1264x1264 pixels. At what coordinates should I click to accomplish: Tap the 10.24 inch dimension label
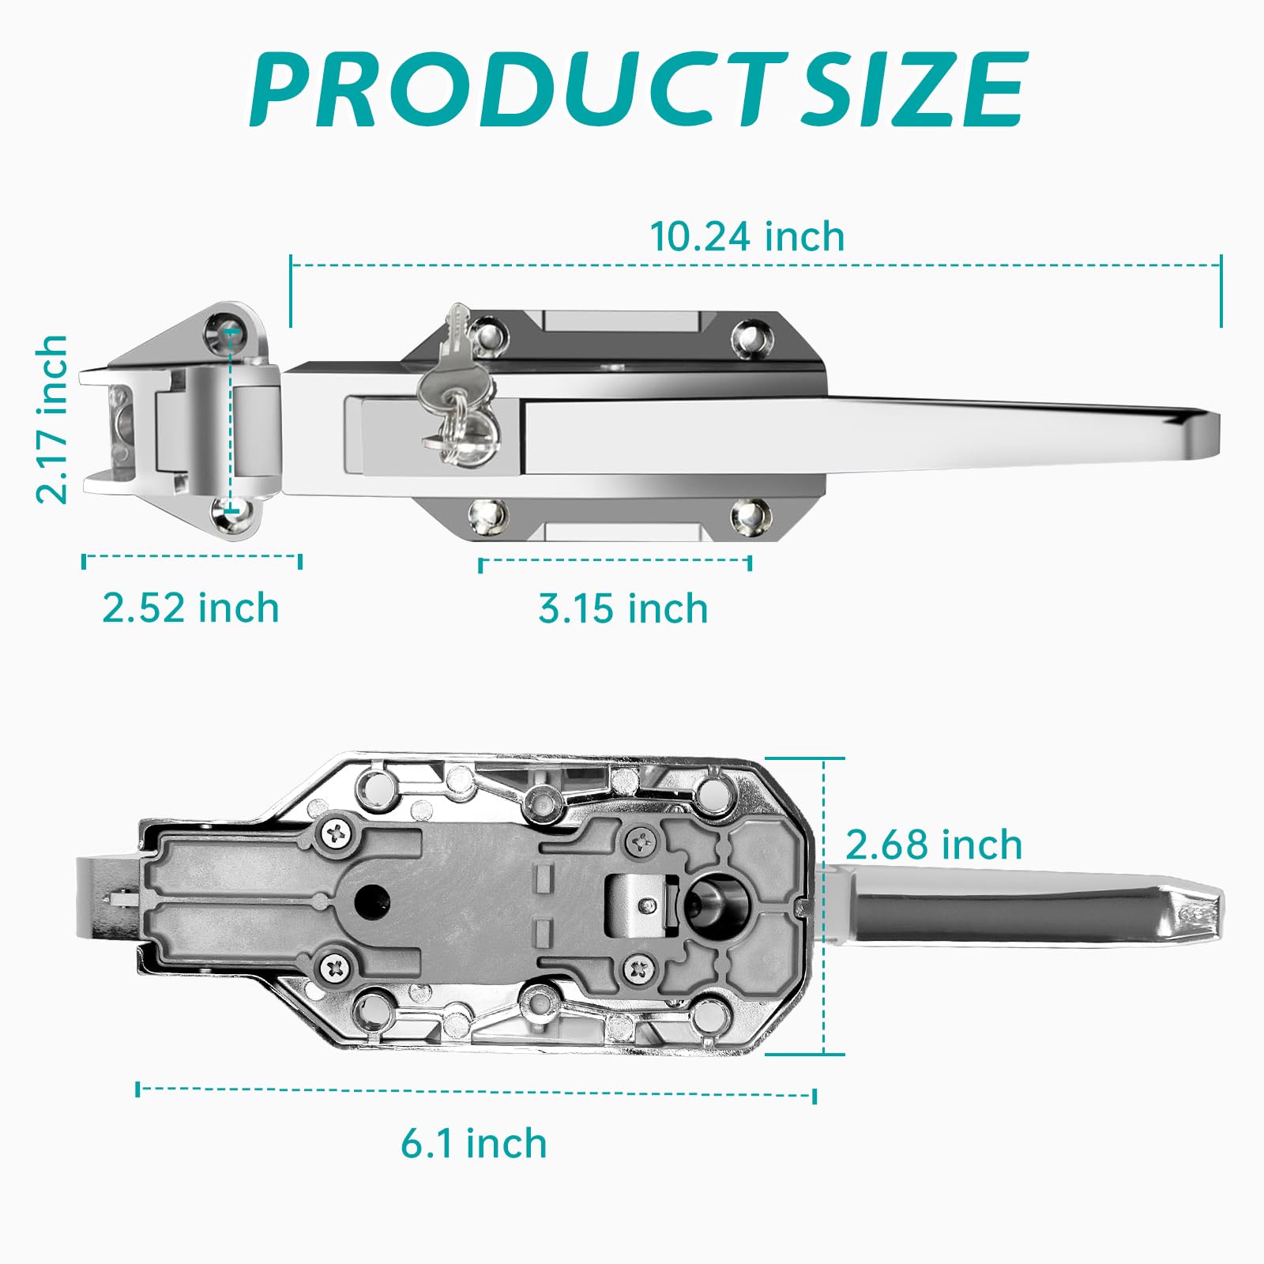click(x=747, y=237)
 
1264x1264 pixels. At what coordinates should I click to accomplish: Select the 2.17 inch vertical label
click(x=52, y=419)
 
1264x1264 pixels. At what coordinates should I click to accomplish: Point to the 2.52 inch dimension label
click(x=191, y=608)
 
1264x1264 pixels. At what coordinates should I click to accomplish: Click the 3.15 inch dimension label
click(x=623, y=608)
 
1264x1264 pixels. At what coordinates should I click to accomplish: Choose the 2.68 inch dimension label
click(x=934, y=845)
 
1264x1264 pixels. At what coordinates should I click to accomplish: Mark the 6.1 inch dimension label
click(x=474, y=1143)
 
